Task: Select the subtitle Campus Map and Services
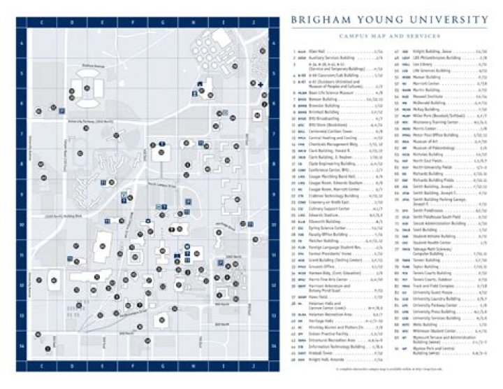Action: [x=390, y=34]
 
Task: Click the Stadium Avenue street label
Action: [x=89, y=65]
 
